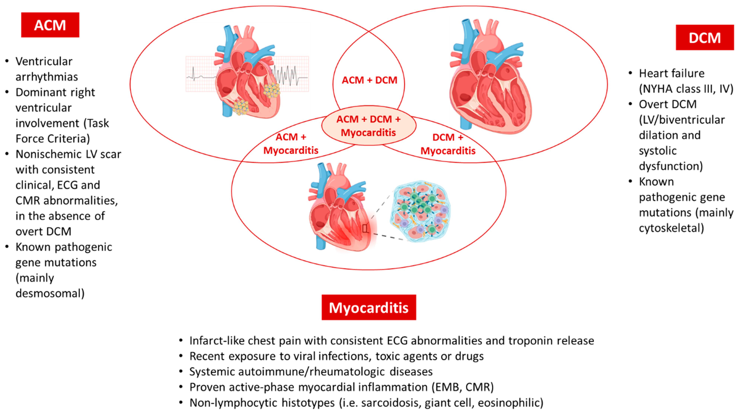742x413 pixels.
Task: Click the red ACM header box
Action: pos(50,25)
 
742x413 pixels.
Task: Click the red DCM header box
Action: pos(705,38)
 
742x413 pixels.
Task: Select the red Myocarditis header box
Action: pos(369,307)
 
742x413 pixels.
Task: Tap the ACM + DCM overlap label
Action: pos(369,80)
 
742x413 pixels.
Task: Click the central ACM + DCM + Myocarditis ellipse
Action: pos(369,126)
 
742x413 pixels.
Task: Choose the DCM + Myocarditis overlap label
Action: pos(448,144)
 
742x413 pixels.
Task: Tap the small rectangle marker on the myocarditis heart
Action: pos(365,229)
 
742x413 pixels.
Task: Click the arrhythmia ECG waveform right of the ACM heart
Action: pos(288,75)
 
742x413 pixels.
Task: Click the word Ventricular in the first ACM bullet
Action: pos(44,61)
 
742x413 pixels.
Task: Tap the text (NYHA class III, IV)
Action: pos(686,89)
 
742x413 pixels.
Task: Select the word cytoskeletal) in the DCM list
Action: pos(671,228)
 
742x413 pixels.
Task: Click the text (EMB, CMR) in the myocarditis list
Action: pos(463,387)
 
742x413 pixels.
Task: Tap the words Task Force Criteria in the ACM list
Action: pos(62,131)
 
